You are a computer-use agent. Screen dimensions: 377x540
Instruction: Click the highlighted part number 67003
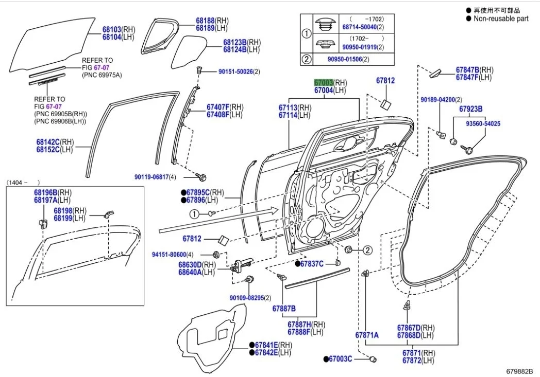(324, 83)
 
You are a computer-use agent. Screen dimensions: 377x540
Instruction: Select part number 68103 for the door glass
(112, 30)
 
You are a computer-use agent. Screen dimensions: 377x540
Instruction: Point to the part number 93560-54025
(483, 124)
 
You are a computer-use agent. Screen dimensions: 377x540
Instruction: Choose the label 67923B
(471, 109)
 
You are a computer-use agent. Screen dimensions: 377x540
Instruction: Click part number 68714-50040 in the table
(359, 26)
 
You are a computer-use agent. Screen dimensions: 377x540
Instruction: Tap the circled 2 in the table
(307, 59)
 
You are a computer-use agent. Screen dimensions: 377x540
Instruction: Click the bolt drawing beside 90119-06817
(202, 177)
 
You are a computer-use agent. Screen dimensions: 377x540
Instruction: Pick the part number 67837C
(312, 264)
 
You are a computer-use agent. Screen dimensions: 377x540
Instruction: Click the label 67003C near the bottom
(341, 358)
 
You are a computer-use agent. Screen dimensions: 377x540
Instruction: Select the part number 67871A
(367, 335)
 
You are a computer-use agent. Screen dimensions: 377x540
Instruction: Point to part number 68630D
(191, 265)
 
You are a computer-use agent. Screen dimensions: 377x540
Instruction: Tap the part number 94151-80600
(168, 255)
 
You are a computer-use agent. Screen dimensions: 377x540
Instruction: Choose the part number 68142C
(48, 142)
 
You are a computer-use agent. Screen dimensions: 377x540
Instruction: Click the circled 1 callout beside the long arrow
(193, 213)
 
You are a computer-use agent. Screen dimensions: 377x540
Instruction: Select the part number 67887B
(284, 308)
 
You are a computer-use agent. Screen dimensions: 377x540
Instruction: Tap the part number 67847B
(467, 70)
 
